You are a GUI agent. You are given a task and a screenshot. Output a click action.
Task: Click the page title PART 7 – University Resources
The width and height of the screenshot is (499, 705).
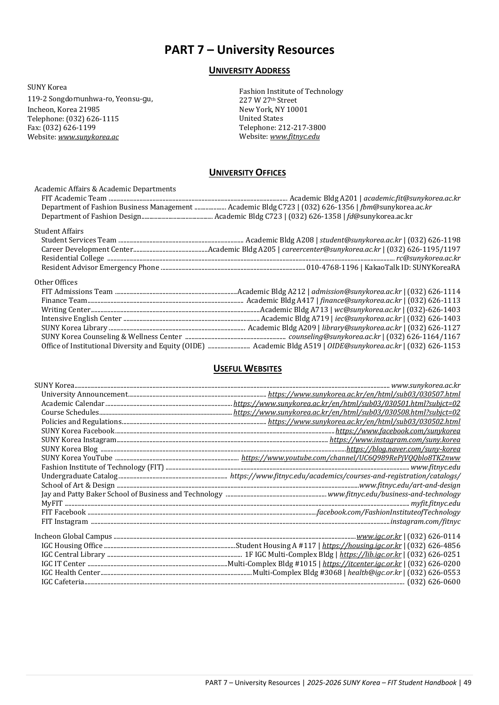click(249, 50)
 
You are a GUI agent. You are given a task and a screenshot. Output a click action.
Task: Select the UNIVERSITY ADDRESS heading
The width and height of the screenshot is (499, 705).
click(249, 71)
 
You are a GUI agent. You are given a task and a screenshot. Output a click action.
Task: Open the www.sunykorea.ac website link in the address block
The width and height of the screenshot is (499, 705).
click(88, 137)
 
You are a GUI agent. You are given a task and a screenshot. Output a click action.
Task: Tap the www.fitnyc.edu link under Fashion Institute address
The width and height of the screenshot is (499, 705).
click(295, 137)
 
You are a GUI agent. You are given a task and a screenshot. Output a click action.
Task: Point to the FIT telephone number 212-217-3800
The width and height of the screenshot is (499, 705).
click(302, 128)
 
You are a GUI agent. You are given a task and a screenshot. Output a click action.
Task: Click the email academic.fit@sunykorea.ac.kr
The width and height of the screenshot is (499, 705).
click(412, 198)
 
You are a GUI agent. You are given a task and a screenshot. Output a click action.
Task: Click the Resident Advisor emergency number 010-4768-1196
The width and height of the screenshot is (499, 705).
click(332, 268)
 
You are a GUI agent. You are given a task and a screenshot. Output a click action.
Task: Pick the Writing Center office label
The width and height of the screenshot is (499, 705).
click(66, 310)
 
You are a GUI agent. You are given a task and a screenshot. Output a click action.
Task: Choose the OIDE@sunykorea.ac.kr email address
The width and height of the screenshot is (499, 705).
click(364, 346)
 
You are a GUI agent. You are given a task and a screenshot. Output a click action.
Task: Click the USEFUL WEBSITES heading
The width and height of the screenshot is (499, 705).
click(247, 369)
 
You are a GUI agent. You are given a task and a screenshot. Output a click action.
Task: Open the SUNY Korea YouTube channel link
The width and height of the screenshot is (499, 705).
click(350, 458)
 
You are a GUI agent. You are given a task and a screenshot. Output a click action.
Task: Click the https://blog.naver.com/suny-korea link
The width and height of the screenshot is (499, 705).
click(403, 449)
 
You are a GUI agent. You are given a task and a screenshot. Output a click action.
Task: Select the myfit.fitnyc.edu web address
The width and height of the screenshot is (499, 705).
click(435, 503)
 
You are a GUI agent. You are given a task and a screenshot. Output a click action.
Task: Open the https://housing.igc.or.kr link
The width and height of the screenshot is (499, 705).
click(362, 546)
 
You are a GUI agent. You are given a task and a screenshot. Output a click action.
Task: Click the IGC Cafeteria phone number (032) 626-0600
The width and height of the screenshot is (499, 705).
click(434, 582)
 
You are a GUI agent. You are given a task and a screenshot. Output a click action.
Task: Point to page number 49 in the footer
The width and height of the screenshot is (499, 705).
click(467, 683)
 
